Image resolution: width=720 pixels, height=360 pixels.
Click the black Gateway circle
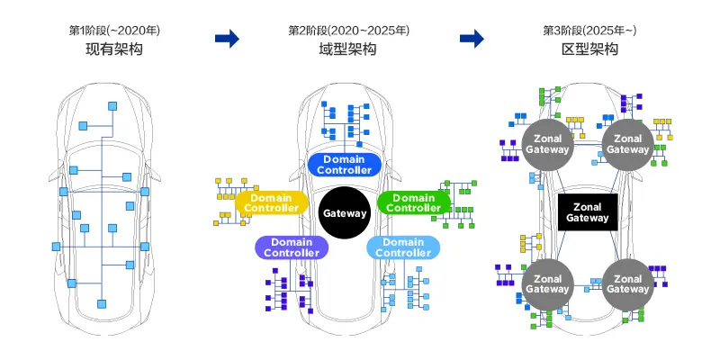[346, 213]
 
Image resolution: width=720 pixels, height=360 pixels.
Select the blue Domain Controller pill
[346, 164]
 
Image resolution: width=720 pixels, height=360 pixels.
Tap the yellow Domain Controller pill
[271, 202]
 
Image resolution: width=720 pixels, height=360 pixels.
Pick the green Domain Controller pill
[415, 202]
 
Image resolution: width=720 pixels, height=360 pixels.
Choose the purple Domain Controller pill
[291, 247]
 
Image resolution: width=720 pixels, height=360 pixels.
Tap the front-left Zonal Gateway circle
[548, 143]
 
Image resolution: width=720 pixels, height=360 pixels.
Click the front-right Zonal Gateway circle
[626, 143]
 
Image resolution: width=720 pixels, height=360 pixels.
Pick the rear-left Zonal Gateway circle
[548, 283]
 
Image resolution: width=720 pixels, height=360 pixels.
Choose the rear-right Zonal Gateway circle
[626, 283]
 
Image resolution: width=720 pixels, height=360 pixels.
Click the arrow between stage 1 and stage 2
[229, 39]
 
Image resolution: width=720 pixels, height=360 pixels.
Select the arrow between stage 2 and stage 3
[472, 39]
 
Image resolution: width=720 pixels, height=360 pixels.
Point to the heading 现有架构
[107, 49]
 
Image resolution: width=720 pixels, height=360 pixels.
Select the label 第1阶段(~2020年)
[107, 30]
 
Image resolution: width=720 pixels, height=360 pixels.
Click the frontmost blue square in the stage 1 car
[114, 104]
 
